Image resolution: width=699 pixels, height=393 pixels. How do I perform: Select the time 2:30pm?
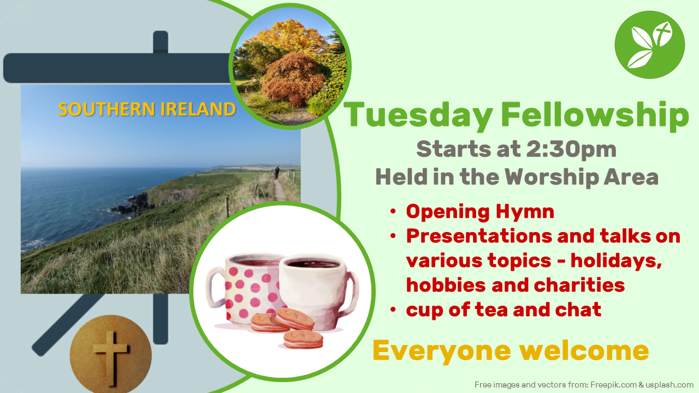click(x=571, y=150)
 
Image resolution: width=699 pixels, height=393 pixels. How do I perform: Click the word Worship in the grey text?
click(x=552, y=177)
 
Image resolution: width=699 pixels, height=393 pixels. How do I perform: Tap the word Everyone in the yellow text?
click(x=442, y=351)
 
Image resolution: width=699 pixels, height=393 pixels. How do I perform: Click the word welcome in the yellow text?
click(x=584, y=350)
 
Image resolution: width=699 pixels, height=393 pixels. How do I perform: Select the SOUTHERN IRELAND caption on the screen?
click(x=147, y=109)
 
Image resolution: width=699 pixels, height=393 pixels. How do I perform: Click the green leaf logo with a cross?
click(x=650, y=45)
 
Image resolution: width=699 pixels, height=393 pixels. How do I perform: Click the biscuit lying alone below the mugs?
click(x=303, y=340)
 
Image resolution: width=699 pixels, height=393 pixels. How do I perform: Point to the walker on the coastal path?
click(x=276, y=172)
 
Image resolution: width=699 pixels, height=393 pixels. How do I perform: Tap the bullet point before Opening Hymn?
click(x=393, y=211)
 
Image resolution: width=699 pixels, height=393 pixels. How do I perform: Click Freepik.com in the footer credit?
click(x=613, y=385)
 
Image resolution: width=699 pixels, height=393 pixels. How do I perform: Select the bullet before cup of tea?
click(x=393, y=309)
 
